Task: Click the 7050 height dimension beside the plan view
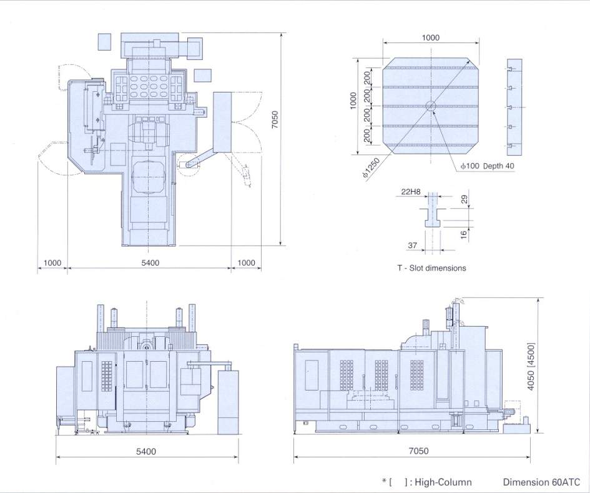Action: click(275, 119)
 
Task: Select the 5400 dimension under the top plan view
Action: click(150, 262)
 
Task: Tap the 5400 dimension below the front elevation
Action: click(145, 451)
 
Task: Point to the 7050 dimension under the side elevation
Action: click(418, 451)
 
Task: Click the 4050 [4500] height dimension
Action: click(531, 366)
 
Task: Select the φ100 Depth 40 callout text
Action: click(488, 166)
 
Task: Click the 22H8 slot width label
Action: click(411, 192)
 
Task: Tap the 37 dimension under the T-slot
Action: click(413, 245)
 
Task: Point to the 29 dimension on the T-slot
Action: click(465, 199)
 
